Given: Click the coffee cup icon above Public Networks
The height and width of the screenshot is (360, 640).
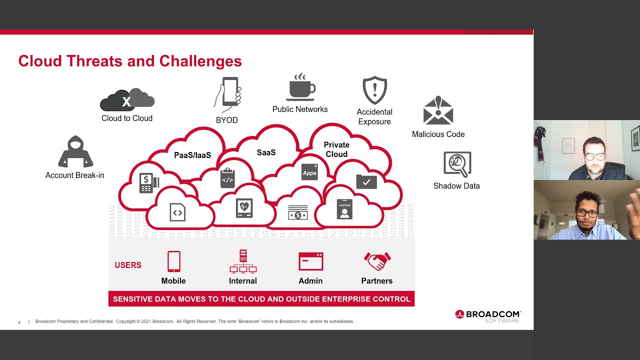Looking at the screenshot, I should coord(301,88).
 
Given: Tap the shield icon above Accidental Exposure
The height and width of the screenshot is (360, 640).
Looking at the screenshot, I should coord(374,90).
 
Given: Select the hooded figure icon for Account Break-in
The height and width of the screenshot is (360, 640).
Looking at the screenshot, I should coord(75,152).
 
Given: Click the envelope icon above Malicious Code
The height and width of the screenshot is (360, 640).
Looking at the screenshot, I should coord(438,111).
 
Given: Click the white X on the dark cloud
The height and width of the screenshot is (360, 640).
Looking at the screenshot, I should coord(126,102).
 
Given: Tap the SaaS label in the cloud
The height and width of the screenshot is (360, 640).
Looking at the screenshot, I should coord(266,152).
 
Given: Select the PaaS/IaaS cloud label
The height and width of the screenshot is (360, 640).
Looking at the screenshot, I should coord(192,155).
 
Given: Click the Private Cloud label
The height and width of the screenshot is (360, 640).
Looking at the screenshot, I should coord(336,149).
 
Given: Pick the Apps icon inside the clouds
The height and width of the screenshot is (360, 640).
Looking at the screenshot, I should coord(309,172).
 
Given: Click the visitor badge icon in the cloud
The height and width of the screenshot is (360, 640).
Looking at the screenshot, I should coord(344,209).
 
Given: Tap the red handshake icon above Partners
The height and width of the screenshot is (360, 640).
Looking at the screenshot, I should coord(377,261).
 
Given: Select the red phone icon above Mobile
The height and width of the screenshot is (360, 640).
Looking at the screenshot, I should coord(173,261).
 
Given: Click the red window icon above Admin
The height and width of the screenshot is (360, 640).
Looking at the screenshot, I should coord(310,261).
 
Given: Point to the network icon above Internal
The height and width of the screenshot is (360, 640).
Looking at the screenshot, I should coord(243,261).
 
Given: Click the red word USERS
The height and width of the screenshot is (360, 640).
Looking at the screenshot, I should coord(128,265).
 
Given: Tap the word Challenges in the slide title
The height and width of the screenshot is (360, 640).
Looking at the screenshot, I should coord(200,61).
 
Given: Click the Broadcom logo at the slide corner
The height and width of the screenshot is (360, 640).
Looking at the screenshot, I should coord(487,315).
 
